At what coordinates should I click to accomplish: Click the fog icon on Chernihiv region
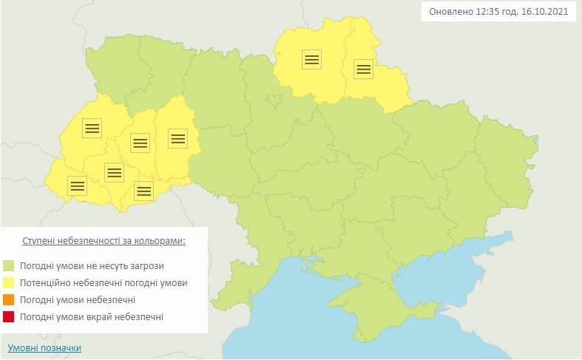311,60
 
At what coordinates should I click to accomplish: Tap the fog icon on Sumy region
363,69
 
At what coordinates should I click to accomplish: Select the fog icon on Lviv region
92,128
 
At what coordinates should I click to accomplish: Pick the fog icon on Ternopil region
140,141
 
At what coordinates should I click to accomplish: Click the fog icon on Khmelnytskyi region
177,137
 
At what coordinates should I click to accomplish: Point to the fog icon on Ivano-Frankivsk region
114,172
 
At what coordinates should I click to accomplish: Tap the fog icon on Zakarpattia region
77,186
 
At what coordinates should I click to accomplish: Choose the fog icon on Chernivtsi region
143,191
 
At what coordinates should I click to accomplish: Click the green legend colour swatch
9,265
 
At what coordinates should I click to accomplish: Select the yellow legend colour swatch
9,282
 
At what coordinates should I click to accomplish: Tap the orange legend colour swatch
9,299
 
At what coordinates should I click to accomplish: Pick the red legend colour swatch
9,316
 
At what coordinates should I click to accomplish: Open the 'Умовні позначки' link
44,347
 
